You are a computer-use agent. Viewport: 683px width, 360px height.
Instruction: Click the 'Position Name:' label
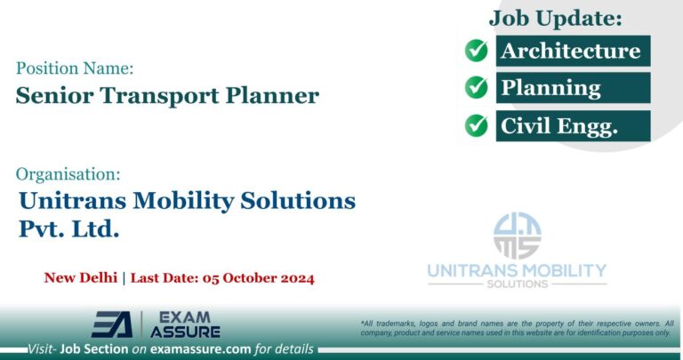[76, 68]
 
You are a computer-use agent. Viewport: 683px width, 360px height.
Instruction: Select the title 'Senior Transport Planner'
[167, 96]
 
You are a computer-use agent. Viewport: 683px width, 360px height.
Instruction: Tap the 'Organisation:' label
[68, 173]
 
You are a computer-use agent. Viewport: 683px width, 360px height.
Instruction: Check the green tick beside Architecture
[477, 51]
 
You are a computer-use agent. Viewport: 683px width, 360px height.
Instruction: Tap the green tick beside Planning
[477, 88]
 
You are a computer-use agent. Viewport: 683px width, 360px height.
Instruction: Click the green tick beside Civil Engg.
[477, 125]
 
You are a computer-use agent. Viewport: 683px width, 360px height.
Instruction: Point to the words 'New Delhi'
[81, 277]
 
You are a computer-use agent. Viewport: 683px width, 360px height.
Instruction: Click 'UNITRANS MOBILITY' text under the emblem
[517, 270]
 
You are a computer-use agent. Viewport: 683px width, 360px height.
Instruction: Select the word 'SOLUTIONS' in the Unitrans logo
[517, 284]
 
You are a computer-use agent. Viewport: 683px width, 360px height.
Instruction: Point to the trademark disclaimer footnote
[517, 327]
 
